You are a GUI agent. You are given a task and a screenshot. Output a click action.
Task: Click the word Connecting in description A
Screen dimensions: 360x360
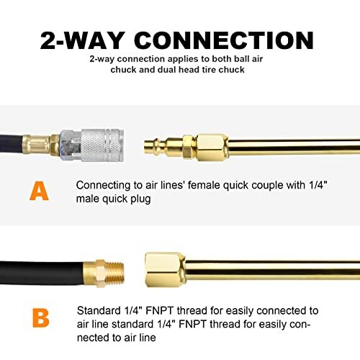(x=102, y=185)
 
